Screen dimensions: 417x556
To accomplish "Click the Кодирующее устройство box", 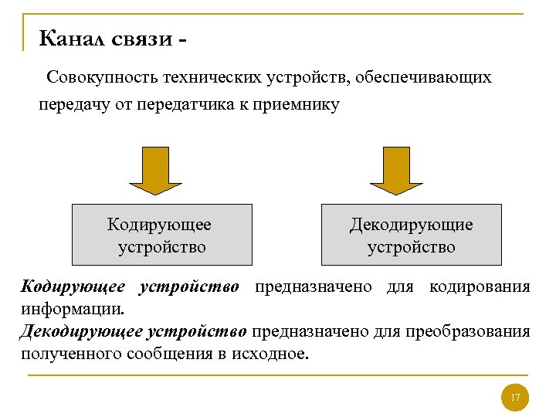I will coord(162,235).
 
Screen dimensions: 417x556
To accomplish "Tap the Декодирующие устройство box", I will coord(412,235).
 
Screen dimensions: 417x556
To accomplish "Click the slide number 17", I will coord(515,398).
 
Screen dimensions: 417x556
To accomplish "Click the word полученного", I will coord(63,354).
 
